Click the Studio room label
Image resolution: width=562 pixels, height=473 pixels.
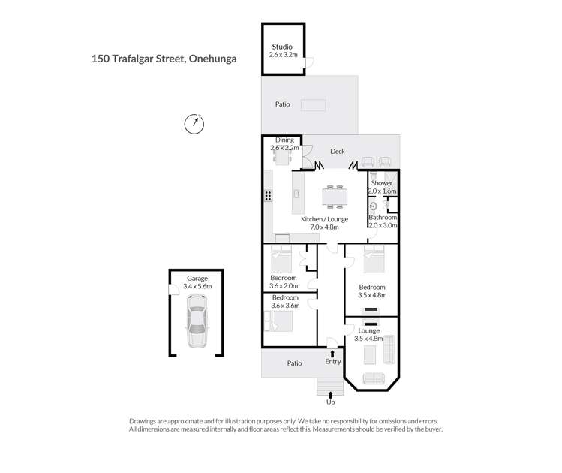[x=282, y=47]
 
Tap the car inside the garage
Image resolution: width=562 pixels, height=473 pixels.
[x=197, y=321]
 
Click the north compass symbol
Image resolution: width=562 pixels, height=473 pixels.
[x=194, y=124]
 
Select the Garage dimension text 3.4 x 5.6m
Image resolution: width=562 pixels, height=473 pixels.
[x=197, y=286]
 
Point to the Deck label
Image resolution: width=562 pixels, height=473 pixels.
[x=337, y=152]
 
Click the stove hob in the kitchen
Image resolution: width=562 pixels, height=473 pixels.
[x=268, y=195]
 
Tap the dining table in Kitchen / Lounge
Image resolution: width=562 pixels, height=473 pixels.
[x=335, y=197]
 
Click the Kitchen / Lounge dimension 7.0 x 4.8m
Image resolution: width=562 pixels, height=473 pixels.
[x=324, y=227]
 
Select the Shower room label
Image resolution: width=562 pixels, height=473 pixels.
[x=381, y=183]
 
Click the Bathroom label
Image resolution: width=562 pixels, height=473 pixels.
[x=383, y=217]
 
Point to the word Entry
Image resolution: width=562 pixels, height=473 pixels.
[x=333, y=361]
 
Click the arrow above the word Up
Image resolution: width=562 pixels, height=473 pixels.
[x=330, y=395]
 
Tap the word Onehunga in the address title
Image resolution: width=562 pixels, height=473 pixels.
[x=212, y=59]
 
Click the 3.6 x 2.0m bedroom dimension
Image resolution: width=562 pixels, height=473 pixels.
[x=284, y=286]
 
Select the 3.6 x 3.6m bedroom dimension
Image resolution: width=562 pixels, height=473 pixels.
[x=285, y=306]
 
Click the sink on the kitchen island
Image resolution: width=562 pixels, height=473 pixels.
[x=297, y=194]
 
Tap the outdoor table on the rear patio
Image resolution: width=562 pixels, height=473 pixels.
[x=313, y=105]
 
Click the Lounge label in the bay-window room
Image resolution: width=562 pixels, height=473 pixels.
[x=369, y=330]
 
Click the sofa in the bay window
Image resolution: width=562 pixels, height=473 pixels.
[x=374, y=378]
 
